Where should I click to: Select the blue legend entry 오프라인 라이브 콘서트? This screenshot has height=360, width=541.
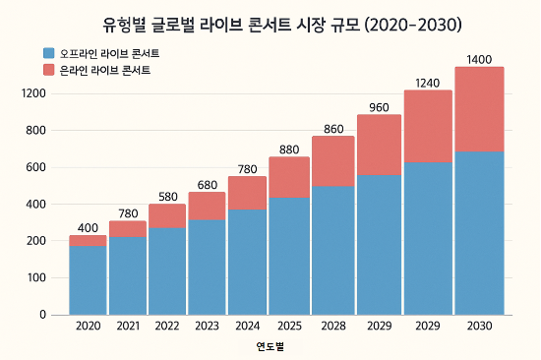click(x=108, y=51)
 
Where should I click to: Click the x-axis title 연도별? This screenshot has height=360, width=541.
click(x=270, y=346)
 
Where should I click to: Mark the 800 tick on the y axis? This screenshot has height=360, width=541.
click(x=38, y=131)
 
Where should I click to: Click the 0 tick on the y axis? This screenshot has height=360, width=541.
click(x=43, y=315)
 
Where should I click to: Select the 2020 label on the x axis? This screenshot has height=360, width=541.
click(x=88, y=326)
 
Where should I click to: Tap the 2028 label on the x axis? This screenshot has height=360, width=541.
click(x=332, y=326)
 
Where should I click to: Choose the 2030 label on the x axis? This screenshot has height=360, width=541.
click(x=479, y=326)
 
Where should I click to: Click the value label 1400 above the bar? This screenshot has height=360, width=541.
click(x=479, y=60)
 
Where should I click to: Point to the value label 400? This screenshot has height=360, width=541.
click(x=88, y=228)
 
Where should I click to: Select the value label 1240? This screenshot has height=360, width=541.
click(x=428, y=83)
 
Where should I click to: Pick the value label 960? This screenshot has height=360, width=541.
click(x=380, y=107)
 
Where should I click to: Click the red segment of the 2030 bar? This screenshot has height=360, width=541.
click(x=479, y=108)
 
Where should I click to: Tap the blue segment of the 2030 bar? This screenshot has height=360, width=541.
click(x=479, y=232)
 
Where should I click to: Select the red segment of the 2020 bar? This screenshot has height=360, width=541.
click(x=88, y=240)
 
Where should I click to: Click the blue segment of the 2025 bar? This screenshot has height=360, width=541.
click(x=288, y=256)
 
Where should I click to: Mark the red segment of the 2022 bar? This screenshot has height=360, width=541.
click(x=167, y=215)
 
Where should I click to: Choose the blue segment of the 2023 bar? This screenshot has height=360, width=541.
click(x=207, y=267)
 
